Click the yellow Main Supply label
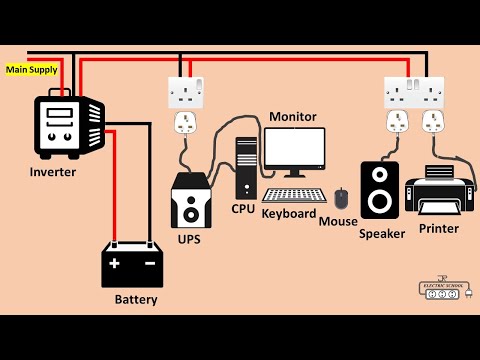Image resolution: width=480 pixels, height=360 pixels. pyautogui.click(x=31, y=70)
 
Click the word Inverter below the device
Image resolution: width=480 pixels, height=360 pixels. pyautogui.click(x=52, y=172)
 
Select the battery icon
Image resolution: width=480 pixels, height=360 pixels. pyautogui.click(x=132, y=264)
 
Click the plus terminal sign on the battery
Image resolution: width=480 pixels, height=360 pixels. pyautogui.click(x=114, y=264)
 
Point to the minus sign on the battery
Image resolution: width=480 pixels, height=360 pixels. pyautogui.click(x=149, y=264)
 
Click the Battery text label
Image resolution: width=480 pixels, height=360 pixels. pyautogui.click(x=135, y=299)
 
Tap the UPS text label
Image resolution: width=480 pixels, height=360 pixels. pyautogui.click(x=188, y=241)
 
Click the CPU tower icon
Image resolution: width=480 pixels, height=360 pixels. pyautogui.click(x=245, y=167)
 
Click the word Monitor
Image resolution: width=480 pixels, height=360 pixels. pyautogui.click(x=293, y=117)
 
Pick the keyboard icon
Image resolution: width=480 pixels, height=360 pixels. pyautogui.click(x=294, y=196)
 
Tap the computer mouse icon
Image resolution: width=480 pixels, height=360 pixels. pyautogui.click(x=341, y=198)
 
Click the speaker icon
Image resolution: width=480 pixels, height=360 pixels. pyautogui.click(x=380, y=190)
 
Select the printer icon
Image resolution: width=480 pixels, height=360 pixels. pyautogui.click(x=438, y=190)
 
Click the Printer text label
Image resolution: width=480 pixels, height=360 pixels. pyautogui.click(x=438, y=229)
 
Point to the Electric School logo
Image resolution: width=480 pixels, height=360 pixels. pyautogui.click(x=443, y=288)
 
